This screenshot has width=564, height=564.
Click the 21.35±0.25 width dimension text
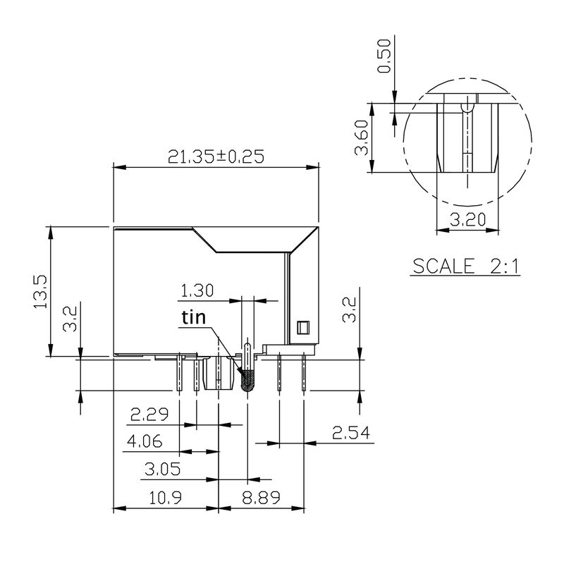216,157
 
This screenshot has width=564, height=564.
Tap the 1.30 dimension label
197,290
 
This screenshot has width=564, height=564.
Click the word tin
192,318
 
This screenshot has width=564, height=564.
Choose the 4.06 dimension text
145,442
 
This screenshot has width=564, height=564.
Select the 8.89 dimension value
262,498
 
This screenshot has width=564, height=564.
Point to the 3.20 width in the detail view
467,220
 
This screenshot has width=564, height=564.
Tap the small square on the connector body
303,327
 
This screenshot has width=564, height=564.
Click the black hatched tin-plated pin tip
247,381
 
